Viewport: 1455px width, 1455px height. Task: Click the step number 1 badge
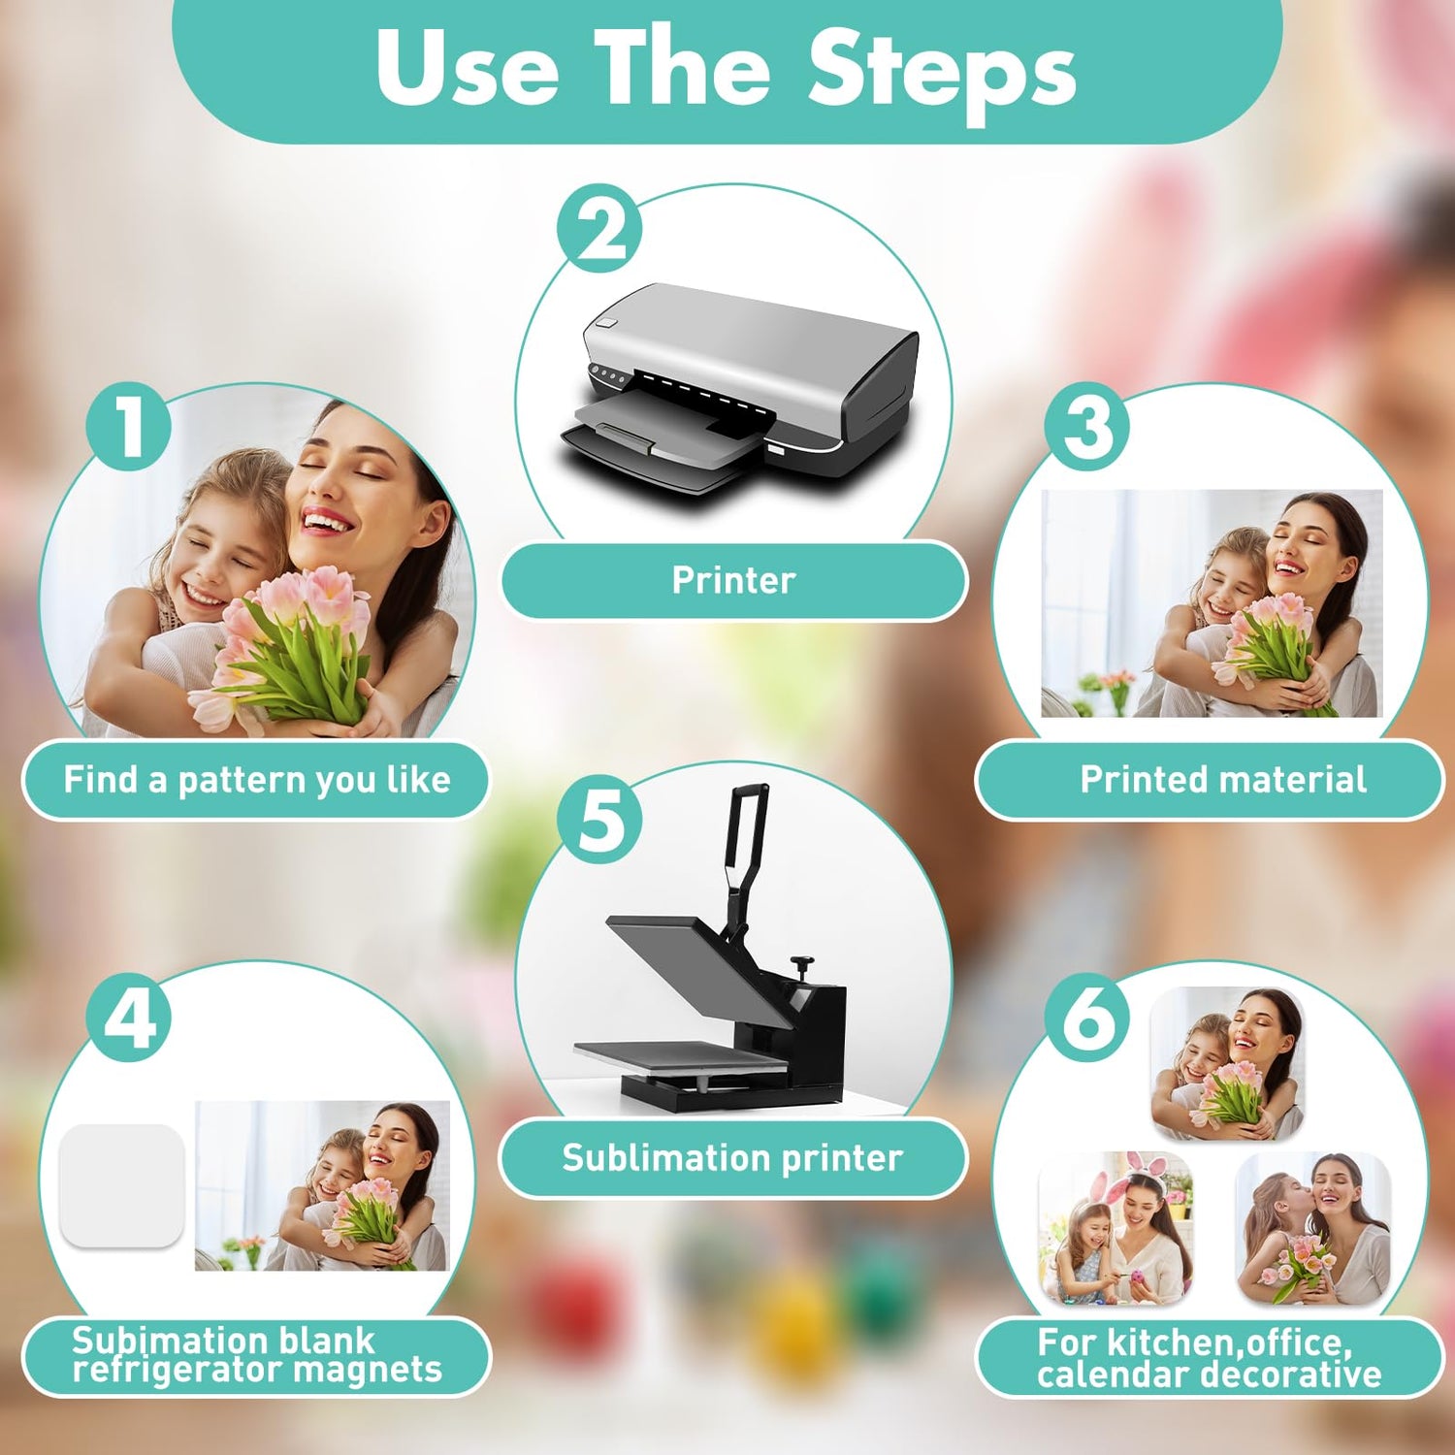[x=129, y=427]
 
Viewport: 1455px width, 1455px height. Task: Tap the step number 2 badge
[x=599, y=229]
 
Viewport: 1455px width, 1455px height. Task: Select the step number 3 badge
[x=1087, y=427]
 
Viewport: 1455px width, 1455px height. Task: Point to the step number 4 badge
[x=129, y=1018]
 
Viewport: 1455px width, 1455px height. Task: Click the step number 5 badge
[x=599, y=820]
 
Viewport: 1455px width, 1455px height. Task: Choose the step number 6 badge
[x=1087, y=1018]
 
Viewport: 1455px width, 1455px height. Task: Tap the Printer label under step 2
[x=734, y=580]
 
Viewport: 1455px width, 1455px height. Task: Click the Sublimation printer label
[x=733, y=1157]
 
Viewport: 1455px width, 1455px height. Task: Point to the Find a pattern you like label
[x=256, y=779]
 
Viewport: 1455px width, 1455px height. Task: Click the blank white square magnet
[x=122, y=1185]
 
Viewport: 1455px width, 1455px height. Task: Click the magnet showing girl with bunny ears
[x=1115, y=1229]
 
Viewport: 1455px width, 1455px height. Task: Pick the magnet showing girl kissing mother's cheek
[x=1313, y=1229]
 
